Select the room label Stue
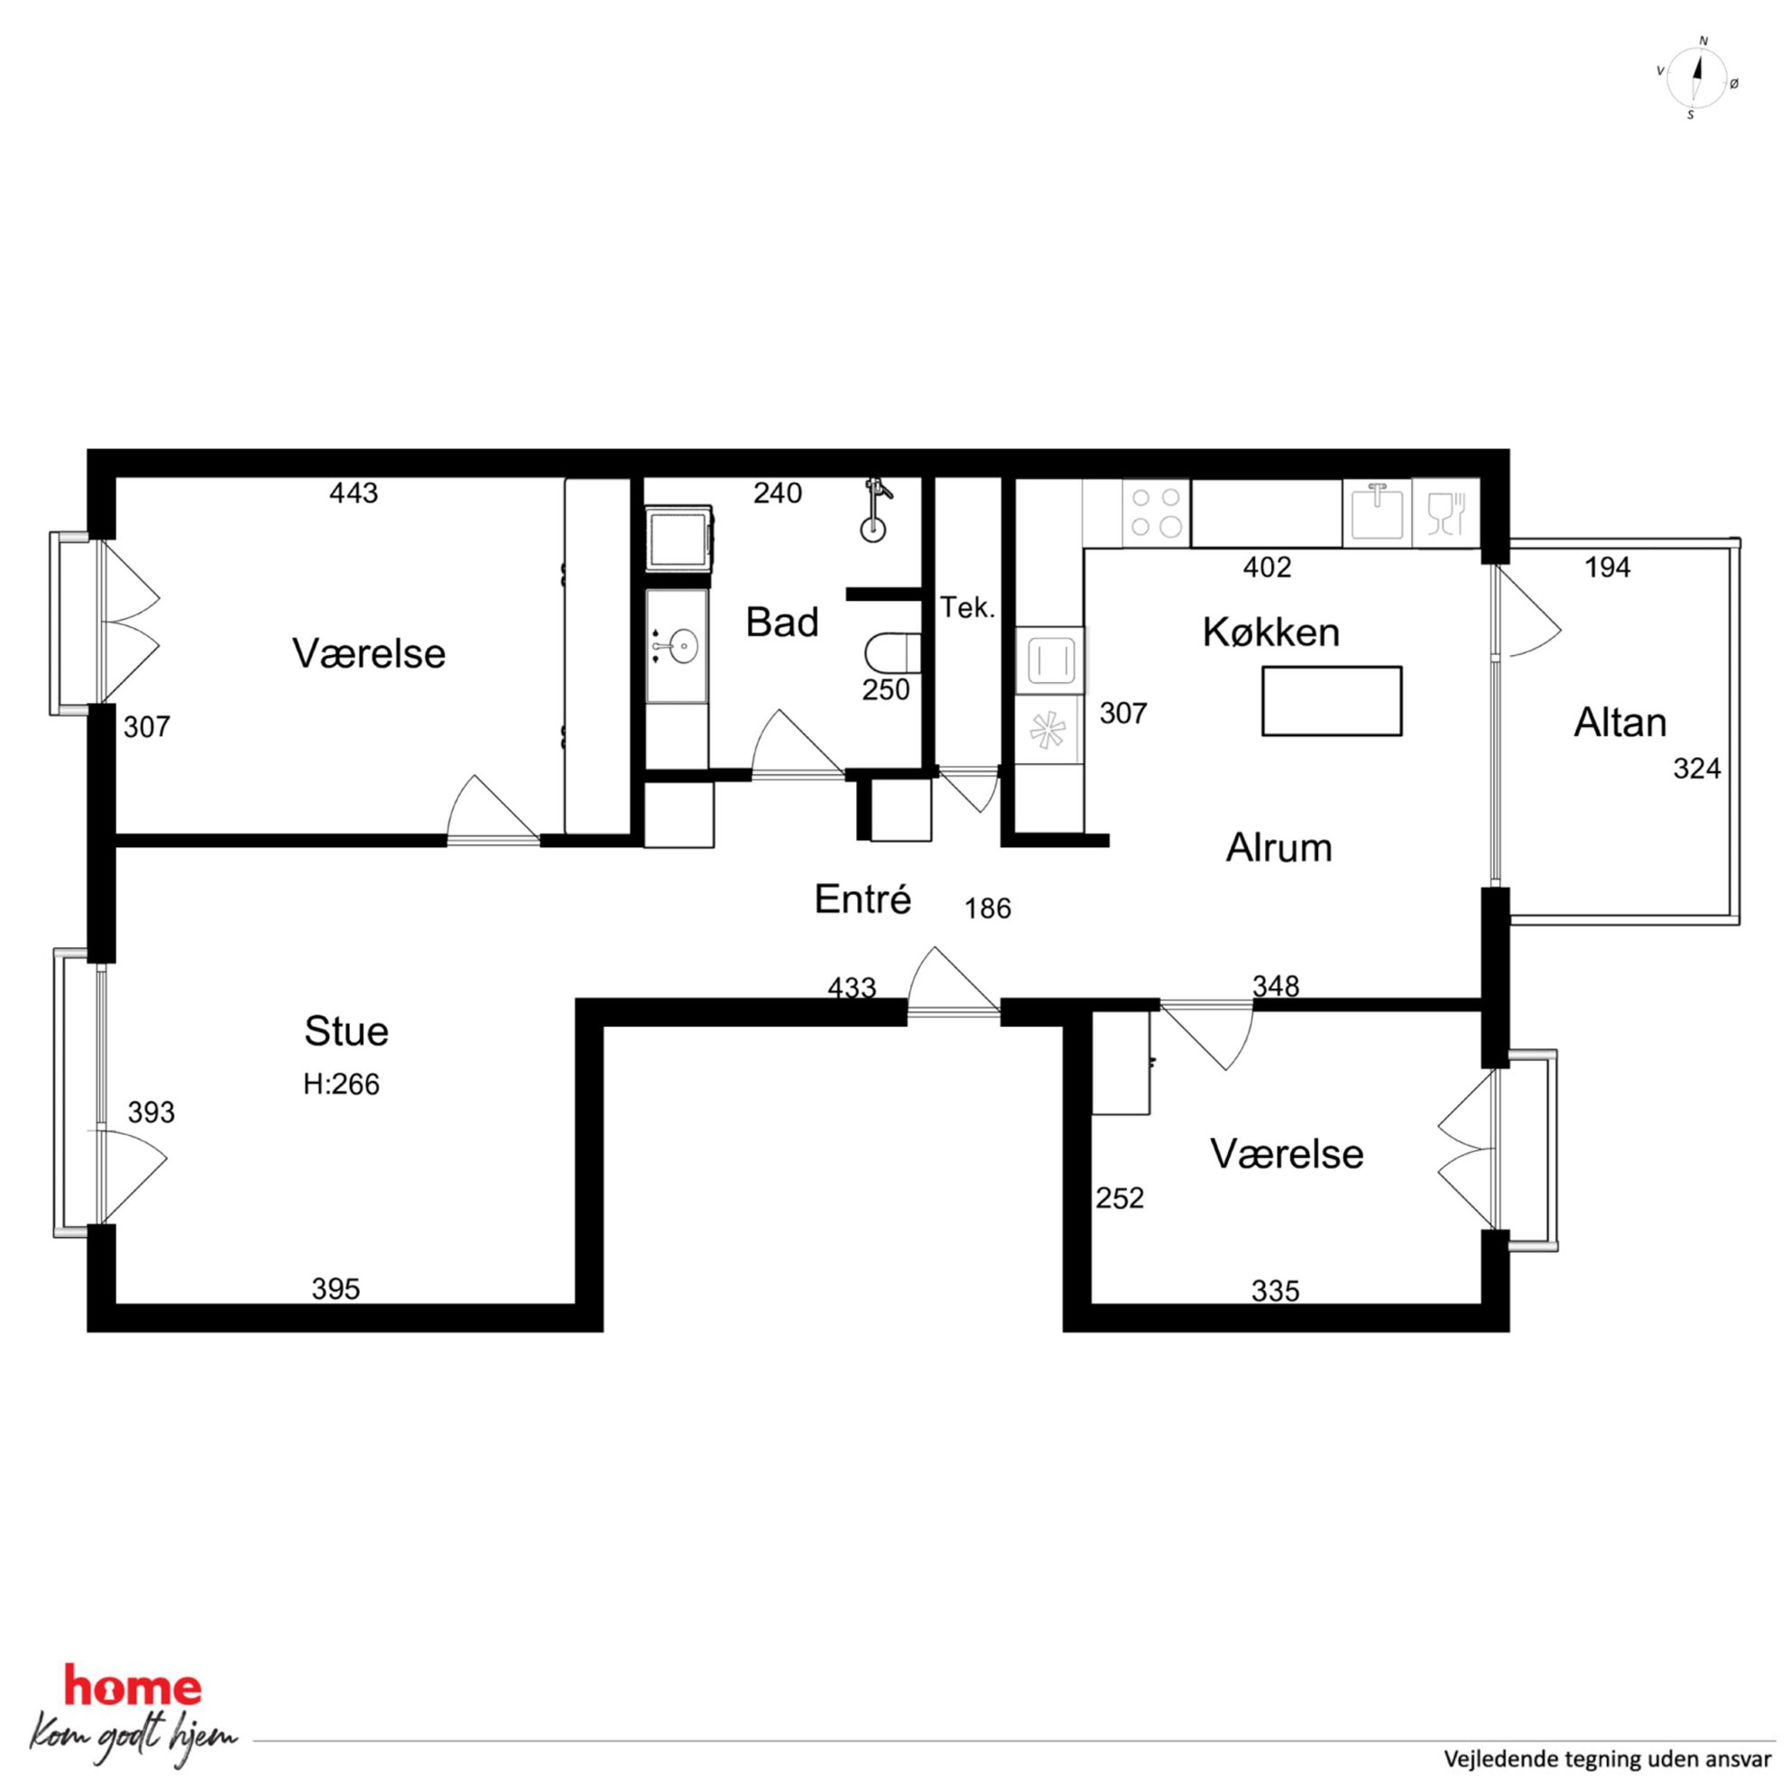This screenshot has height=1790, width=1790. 346,1031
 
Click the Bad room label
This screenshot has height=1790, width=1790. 782,623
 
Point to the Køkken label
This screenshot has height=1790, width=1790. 1271,632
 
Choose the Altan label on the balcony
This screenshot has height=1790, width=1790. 1619,723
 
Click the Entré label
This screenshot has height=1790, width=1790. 863,899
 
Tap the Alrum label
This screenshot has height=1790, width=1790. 1278,848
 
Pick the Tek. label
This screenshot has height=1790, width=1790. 967,608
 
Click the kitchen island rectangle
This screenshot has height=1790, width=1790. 1332,701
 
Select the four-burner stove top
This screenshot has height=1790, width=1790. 1157,512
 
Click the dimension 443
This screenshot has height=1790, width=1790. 354,493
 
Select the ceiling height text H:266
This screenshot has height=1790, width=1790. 341,1084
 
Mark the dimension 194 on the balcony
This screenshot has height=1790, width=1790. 1608,567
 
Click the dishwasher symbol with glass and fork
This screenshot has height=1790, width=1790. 1445,512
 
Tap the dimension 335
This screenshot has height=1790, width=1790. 1275,1290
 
